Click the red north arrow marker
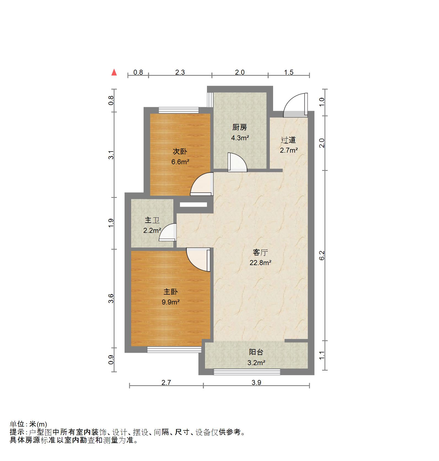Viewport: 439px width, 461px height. point(114,72)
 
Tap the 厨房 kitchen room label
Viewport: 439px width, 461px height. point(239,127)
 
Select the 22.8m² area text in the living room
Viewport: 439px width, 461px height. point(260,263)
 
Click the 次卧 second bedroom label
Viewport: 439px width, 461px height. point(180,151)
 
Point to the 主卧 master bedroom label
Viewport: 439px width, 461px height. point(171,292)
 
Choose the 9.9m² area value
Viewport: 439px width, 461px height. point(171,302)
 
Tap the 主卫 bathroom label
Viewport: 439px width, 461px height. point(152,220)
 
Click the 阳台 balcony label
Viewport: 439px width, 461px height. point(256,352)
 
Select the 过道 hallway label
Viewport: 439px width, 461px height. point(288,140)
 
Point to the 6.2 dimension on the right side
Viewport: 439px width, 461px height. point(322,255)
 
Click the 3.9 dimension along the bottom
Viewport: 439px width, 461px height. point(256,382)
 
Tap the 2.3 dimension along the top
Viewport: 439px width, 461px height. point(180,72)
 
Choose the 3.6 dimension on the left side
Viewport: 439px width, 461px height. point(111,298)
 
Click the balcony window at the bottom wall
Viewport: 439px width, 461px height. point(247,372)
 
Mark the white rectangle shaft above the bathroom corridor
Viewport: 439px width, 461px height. point(193,204)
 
